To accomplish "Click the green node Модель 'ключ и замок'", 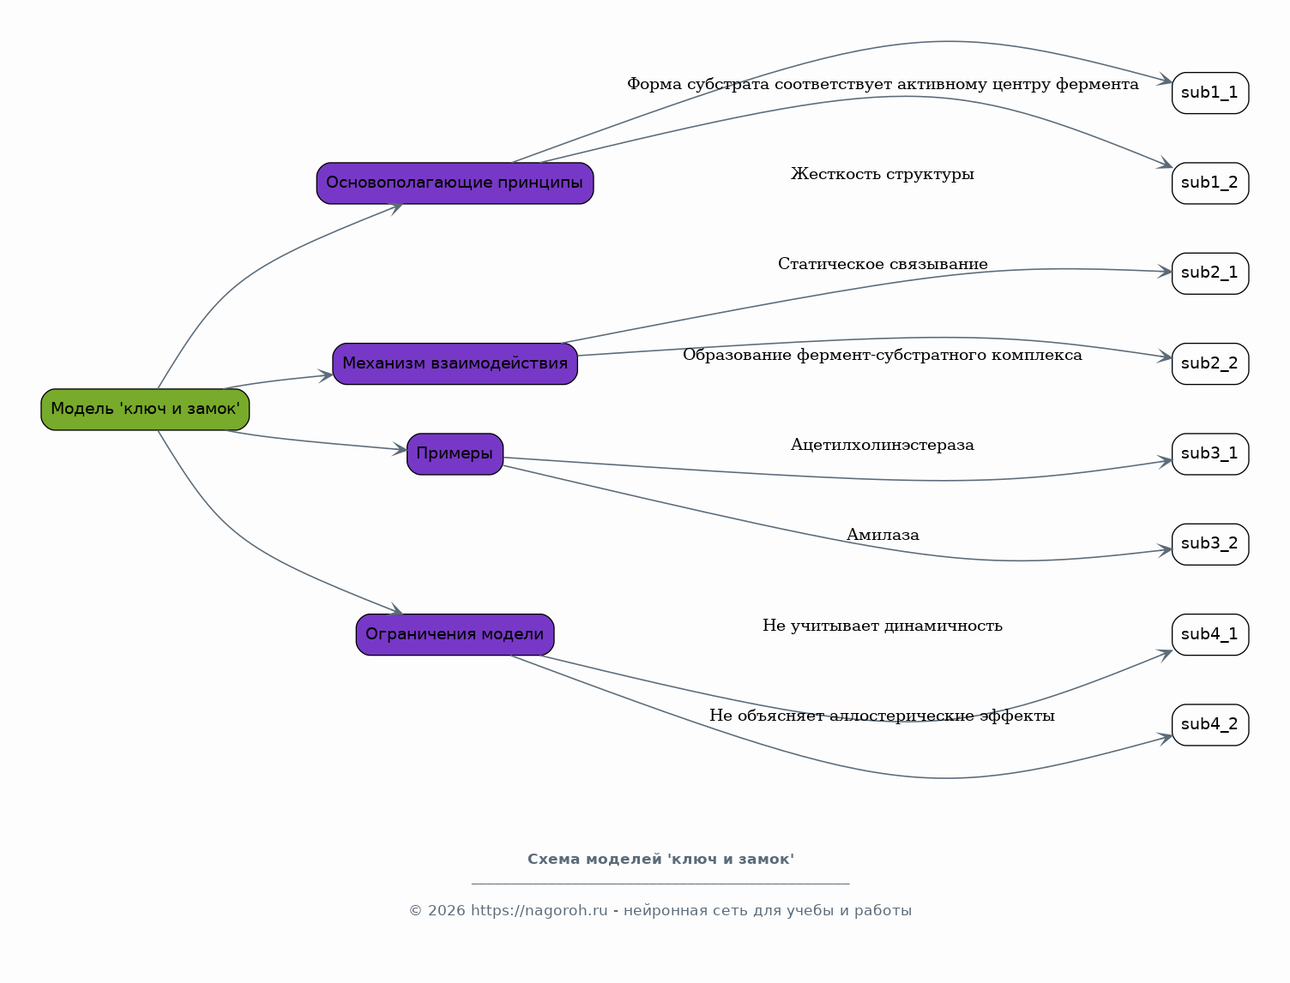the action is coord(145,410).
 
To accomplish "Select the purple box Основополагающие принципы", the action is coord(455,183).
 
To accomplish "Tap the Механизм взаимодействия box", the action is coord(455,364).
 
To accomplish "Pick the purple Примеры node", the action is coord(455,454).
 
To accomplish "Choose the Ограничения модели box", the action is coord(455,635).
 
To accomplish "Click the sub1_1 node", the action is coord(1210,93).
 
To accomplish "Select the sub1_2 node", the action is coord(1210,183).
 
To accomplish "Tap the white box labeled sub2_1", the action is coord(1210,273).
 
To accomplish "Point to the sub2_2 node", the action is coord(1210,364).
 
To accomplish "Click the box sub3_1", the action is coord(1210,454).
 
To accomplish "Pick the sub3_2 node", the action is coord(1210,544).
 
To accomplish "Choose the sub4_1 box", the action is coord(1210,635).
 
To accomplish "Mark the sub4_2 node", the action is coord(1210,725).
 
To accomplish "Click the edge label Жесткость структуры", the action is coord(882,175).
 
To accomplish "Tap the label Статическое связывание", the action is coord(882,264).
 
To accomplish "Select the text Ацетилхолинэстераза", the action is coord(882,445).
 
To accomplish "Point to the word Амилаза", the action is coord(882,535).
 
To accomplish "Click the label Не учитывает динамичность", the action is coord(882,626).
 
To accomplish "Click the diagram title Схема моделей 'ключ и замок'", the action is coord(660,859).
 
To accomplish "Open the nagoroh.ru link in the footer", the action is coord(539,911).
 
